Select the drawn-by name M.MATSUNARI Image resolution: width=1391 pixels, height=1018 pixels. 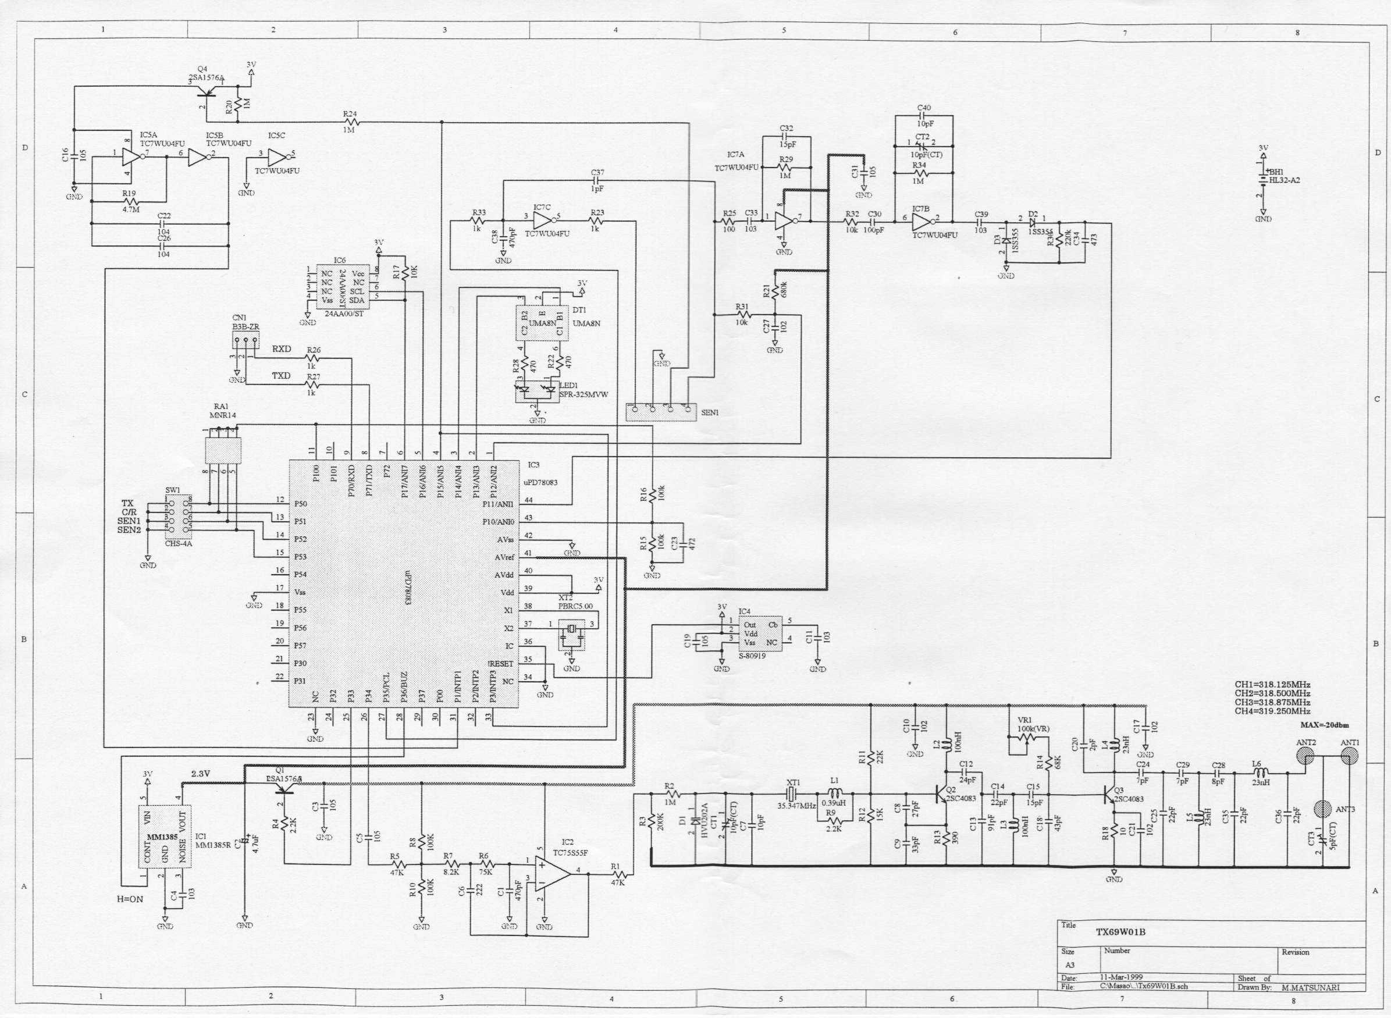(x=1310, y=987)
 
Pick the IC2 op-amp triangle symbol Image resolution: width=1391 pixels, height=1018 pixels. (x=552, y=870)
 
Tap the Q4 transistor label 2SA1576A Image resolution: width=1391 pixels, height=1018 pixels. (x=207, y=79)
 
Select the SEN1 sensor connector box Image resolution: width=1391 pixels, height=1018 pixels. (x=661, y=412)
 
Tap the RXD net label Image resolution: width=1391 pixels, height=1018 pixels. (x=282, y=349)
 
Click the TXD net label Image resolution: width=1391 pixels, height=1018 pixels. (x=281, y=375)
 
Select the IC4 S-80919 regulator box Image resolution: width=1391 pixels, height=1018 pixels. (x=760, y=633)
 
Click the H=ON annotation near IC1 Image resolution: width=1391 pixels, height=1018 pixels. (x=130, y=899)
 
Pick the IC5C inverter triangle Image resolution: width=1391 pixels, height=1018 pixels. (x=278, y=157)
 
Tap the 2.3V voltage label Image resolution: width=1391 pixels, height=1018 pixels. (x=201, y=774)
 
